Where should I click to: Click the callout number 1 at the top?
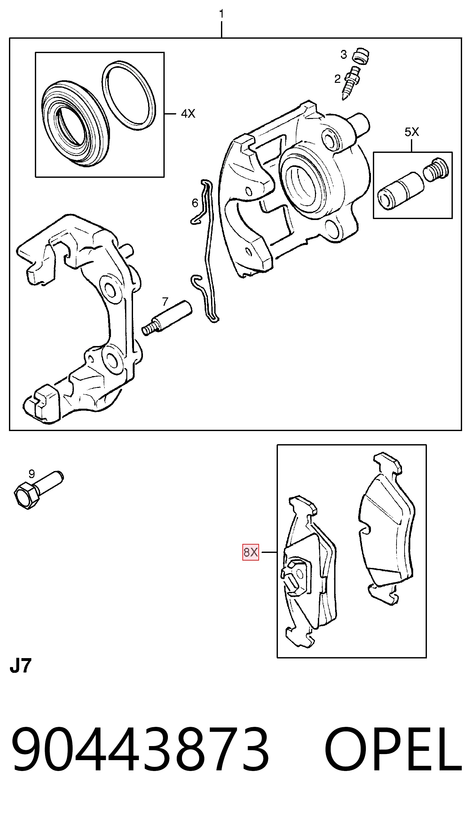click(x=221, y=14)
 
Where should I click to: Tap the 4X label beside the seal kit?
click(x=188, y=114)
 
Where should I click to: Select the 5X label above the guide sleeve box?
click(x=412, y=132)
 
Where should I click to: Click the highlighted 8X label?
click(x=251, y=552)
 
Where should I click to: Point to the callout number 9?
click(x=31, y=474)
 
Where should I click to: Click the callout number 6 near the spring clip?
click(x=195, y=203)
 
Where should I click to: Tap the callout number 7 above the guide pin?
click(x=165, y=302)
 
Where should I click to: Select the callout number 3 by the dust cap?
click(x=344, y=55)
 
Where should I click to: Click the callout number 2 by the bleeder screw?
click(x=337, y=79)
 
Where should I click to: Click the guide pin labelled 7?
click(x=167, y=318)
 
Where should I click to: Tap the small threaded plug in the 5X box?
click(x=436, y=170)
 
